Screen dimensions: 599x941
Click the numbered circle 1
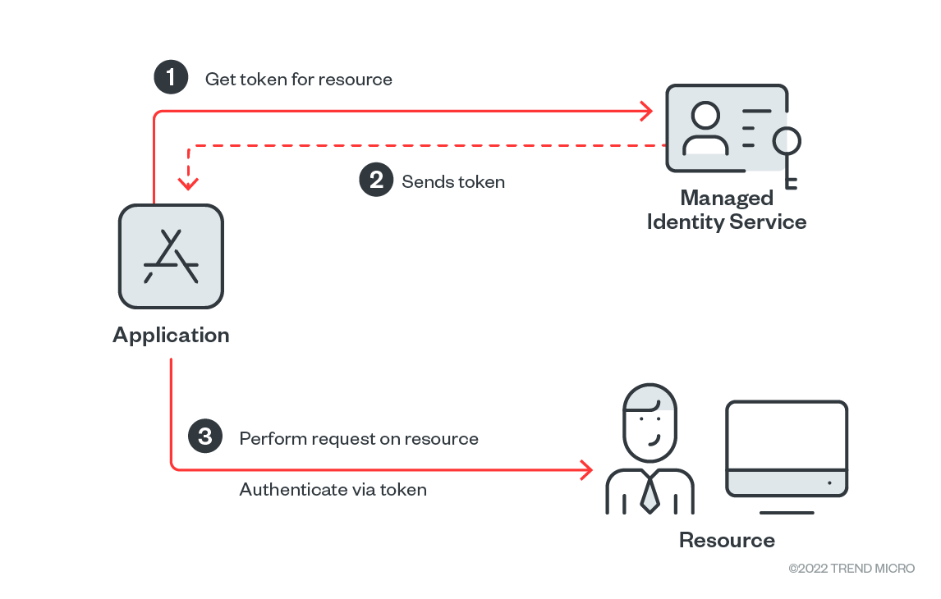coord(170,78)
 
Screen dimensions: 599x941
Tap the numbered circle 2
coord(376,180)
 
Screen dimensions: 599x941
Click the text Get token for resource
coord(299,80)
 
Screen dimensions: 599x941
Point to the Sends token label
coord(453,182)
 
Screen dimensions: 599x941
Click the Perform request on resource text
coord(359,438)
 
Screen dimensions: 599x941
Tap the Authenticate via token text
coord(333,490)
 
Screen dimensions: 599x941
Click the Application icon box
coord(171,257)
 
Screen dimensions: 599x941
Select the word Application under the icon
coord(171,335)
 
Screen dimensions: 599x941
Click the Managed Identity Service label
coord(727,210)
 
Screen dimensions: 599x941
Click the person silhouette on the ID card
coord(705,129)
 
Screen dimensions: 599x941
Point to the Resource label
coord(727,540)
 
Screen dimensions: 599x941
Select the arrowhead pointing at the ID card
coord(646,111)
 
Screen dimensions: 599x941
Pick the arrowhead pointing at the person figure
coord(586,470)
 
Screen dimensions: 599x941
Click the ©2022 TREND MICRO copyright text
coord(851,569)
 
